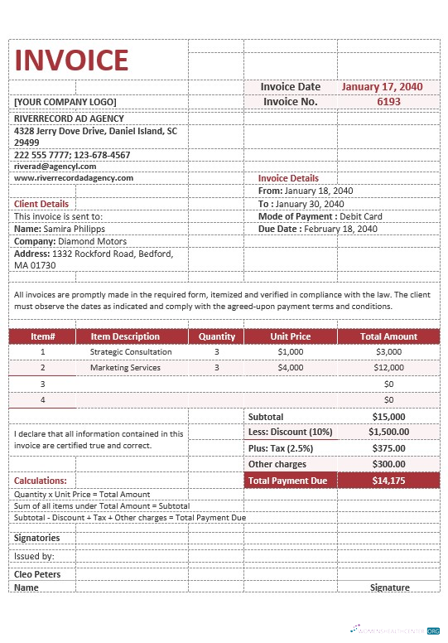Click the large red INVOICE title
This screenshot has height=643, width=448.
click(x=72, y=60)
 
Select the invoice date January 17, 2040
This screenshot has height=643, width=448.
click(x=382, y=86)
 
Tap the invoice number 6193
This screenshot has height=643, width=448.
click(x=388, y=101)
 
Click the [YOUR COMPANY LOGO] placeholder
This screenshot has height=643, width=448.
click(x=65, y=102)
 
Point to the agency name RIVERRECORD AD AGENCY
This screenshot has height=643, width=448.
click(x=70, y=118)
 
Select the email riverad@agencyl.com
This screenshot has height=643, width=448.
click(x=55, y=166)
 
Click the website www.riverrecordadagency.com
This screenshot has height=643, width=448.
click(x=74, y=177)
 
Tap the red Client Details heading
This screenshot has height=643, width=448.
click(x=41, y=204)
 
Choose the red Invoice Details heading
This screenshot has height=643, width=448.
click(x=288, y=178)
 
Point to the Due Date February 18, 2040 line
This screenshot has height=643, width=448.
click(x=317, y=229)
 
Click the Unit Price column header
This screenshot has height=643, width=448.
click(x=291, y=336)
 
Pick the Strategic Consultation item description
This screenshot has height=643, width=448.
click(x=131, y=351)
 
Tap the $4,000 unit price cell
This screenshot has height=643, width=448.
click(x=291, y=367)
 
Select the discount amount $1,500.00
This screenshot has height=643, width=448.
click(x=388, y=432)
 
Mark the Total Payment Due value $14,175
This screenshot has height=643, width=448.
click(x=388, y=481)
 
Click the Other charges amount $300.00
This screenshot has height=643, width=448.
click(x=388, y=464)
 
